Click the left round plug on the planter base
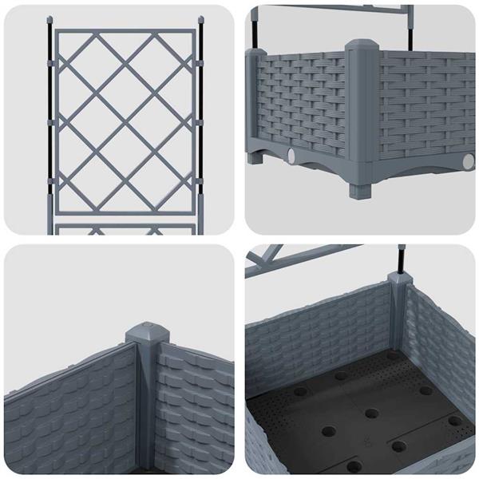point(289,154)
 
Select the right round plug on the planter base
point(468,162)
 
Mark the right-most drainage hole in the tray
point(454,421)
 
